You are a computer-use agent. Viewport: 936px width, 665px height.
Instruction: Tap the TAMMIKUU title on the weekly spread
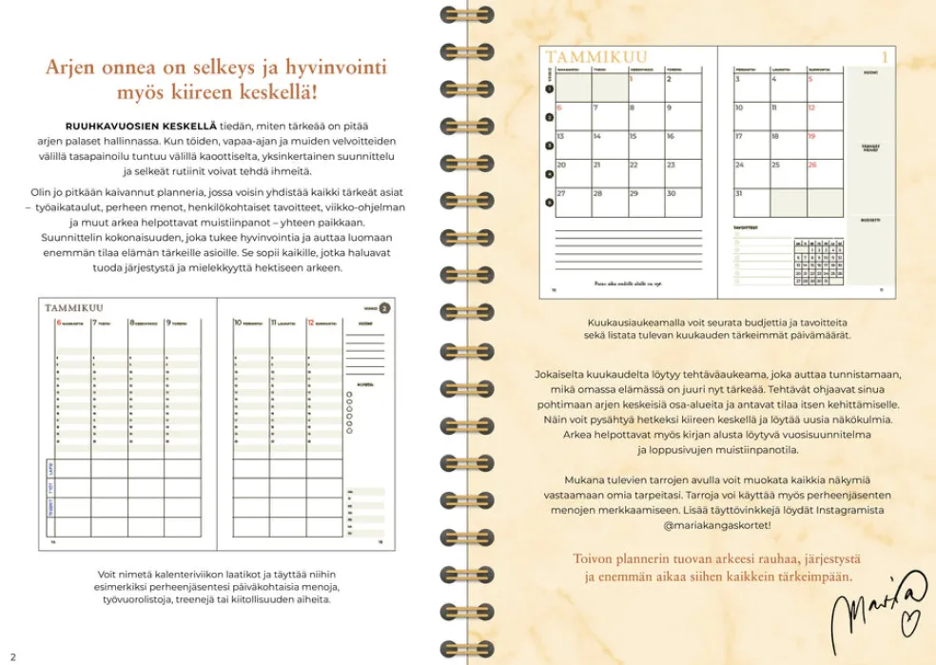tap(74, 307)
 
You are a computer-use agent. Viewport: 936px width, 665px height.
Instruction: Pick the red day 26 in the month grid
tap(812, 165)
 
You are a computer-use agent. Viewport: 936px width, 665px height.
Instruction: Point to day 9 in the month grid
tap(670, 108)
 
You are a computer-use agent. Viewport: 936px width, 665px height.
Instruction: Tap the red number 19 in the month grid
tap(812, 136)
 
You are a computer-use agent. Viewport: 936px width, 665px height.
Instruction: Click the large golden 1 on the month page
tap(884, 58)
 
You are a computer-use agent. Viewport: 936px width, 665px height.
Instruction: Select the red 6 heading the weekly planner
tap(58, 323)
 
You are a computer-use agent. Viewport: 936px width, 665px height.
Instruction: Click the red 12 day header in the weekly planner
tap(310, 323)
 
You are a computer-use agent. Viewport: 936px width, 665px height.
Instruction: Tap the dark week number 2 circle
tap(383, 307)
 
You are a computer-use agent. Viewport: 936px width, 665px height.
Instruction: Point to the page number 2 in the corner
tap(12, 655)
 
